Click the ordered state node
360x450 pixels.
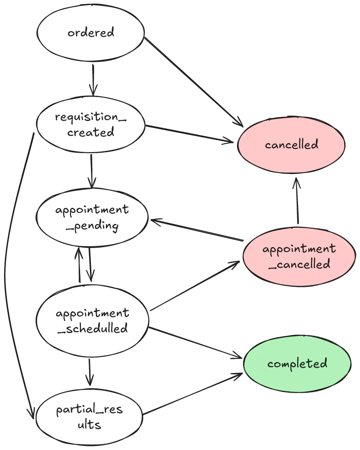coord(90,33)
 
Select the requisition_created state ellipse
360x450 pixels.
coord(90,124)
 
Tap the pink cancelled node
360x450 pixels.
coord(292,145)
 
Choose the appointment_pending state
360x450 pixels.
coord(92,218)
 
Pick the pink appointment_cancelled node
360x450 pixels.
coord(299,256)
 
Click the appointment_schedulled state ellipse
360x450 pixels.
coord(92,320)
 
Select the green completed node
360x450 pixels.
coord(297,364)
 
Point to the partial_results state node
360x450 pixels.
coord(90,417)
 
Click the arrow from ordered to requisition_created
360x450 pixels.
coord(93,80)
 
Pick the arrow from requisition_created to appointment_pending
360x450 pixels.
coord(92,171)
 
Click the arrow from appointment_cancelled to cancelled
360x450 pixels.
coord(297,201)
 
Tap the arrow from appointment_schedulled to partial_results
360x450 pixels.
coord(90,370)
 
